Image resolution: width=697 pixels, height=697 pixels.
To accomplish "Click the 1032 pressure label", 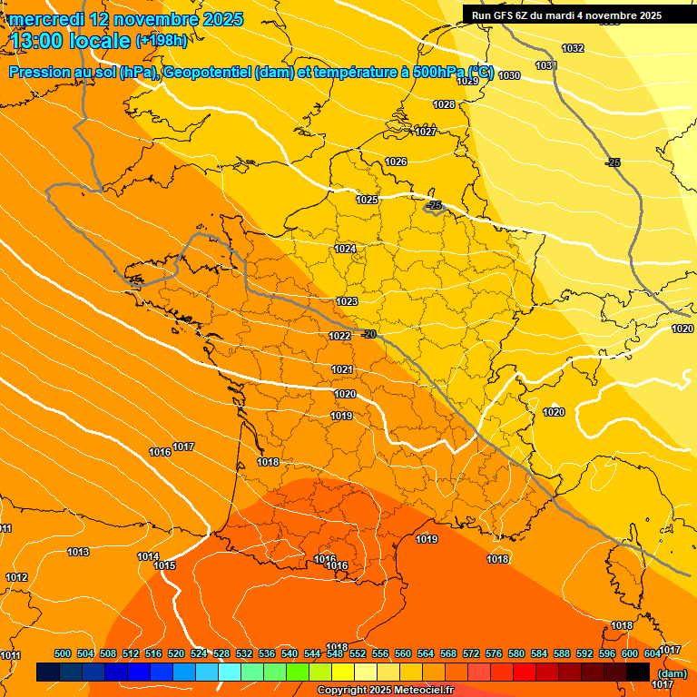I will [573, 48].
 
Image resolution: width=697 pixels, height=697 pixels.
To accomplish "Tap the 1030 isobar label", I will [509, 75].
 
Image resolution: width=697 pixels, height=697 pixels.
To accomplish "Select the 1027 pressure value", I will [426, 132].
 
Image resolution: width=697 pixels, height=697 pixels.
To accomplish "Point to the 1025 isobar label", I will [367, 200].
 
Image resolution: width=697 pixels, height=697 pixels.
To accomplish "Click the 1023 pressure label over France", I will [346, 301].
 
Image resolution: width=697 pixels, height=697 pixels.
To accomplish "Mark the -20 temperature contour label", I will [368, 334].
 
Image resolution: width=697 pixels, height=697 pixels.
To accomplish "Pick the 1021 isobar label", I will [342, 369].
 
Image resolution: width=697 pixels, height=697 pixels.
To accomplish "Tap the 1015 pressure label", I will [164, 565].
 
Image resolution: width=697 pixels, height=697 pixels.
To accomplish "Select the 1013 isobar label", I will [78, 552].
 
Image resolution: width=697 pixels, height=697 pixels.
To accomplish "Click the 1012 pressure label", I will [16, 577].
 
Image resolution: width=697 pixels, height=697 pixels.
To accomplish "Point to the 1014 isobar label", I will [148, 556].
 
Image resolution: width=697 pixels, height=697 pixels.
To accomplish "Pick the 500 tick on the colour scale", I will [63, 653].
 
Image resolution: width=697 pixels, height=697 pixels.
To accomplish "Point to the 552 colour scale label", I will [358, 653].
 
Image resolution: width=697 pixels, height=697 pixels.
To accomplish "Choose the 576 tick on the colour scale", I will [494, 653].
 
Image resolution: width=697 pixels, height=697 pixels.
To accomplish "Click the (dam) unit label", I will [672, 673].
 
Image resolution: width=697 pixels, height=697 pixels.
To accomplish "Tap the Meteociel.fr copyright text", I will [385, 690].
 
